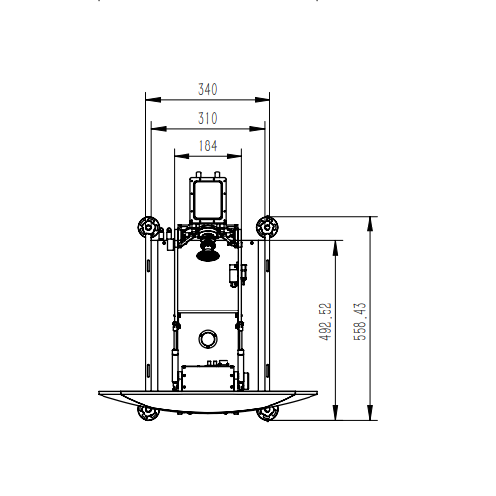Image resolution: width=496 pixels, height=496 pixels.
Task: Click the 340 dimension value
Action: pyautogui.click(x=208, y=89)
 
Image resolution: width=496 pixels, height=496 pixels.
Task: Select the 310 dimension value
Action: pyautogui.click(x=208, y=118)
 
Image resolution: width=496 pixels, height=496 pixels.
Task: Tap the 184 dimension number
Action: pyautogui.click(x=208, y=145)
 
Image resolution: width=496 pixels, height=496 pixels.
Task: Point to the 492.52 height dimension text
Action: pyautogui.click(x=325, y=321)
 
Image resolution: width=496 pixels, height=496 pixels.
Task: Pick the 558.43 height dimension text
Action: pyautogui.click(x=360, y=321)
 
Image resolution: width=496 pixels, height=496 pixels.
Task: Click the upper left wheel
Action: pyautogui.click(x=148, y=227)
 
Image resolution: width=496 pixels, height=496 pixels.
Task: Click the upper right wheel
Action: pyautogui.click(x=268, y=227)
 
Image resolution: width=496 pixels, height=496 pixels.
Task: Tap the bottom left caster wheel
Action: pyautogui.click(x=148, y=412)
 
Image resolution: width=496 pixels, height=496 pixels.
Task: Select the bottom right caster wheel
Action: pyautogui.click(x=268, y=413)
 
